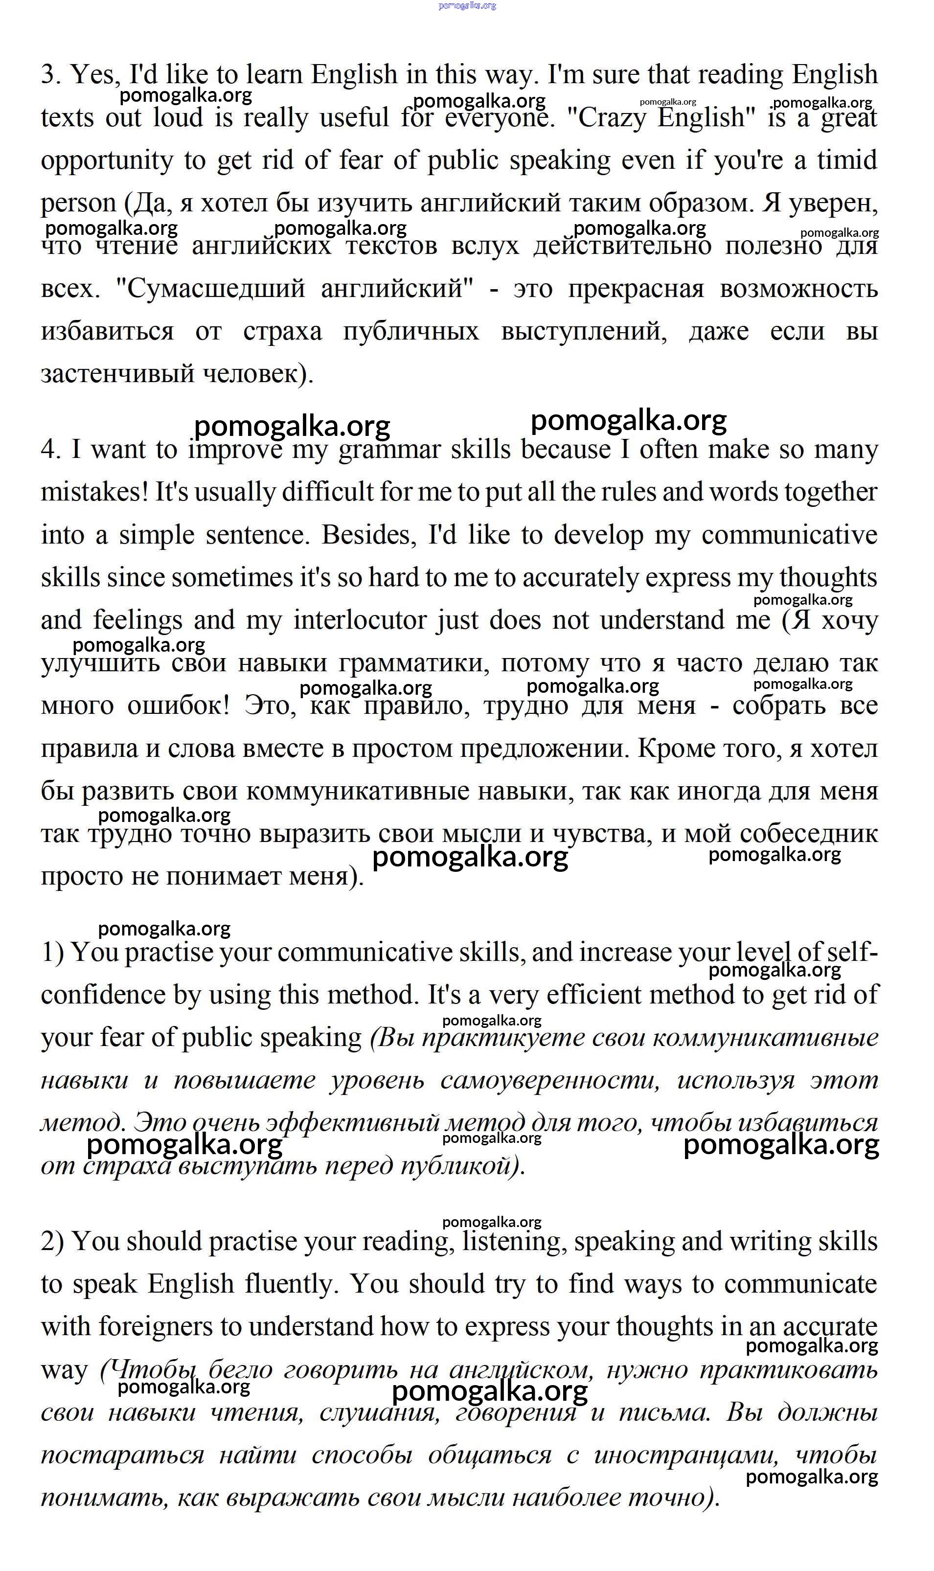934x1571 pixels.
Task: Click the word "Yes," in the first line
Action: (94, 75)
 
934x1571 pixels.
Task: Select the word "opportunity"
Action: (106, 161)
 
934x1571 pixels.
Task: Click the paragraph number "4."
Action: (51, 450)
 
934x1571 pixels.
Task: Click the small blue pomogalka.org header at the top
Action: (467, 6)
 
